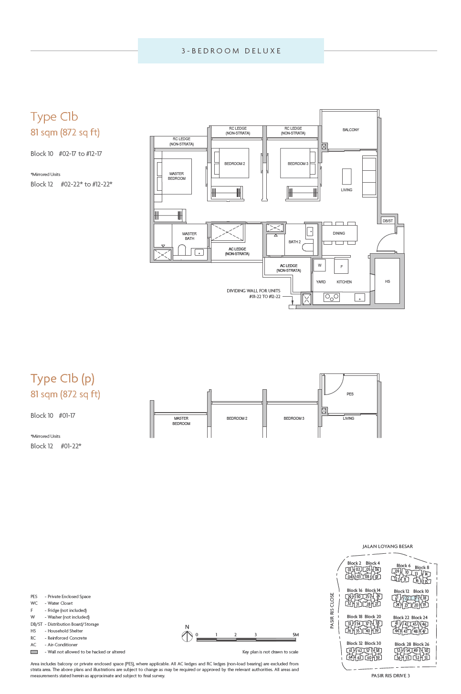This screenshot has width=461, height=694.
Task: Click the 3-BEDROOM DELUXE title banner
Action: coord(231,51)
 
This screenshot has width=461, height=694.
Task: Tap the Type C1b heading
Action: coord(54,117)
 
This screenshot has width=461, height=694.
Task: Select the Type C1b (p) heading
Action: coord(63,379)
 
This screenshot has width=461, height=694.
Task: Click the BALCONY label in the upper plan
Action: coord(350,130)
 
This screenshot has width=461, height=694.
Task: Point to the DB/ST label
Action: coord(388,221)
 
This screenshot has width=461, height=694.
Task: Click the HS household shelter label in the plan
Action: coord(387,281)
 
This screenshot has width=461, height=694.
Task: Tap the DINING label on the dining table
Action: coord(339,233)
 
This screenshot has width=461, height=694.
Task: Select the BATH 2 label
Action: coord(294,242)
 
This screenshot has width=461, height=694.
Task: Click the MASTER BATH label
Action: coord(189,236)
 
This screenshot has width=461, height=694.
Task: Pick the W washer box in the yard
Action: coord(319,265)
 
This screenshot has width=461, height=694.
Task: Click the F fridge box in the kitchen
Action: coord(341,267)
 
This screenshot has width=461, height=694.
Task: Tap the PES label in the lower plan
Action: coord(350,394)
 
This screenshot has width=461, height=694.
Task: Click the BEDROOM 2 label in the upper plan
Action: coord(234,164)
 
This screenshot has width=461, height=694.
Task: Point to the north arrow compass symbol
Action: coord(187,636)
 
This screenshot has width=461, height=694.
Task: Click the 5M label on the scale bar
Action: coord(295,635)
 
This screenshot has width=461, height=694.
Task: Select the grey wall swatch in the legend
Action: coord(34,652)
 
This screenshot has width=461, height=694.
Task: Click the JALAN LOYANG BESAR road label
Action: coord(388,547)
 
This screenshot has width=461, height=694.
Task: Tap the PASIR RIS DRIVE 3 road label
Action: coord(390,675)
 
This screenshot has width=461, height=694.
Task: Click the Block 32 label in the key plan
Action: coord(354,643)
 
